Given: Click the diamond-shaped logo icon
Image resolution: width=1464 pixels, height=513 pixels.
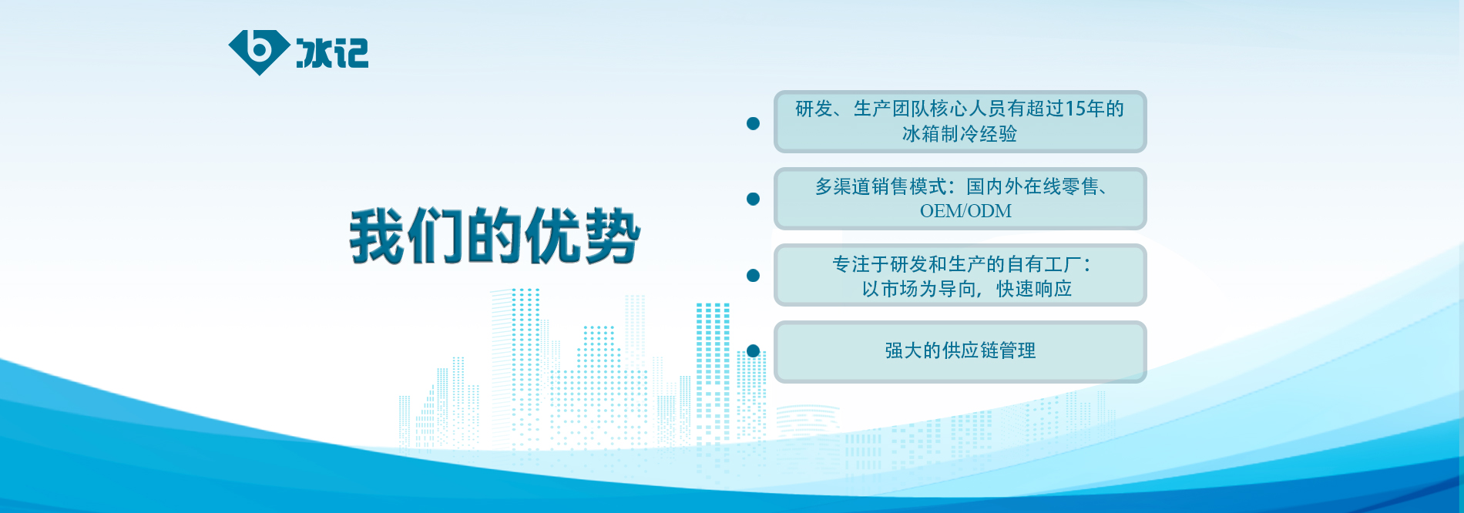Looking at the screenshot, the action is [259, 52].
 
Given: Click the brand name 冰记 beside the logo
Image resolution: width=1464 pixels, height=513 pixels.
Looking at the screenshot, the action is [332, 53].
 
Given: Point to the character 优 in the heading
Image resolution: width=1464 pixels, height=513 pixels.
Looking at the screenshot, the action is [553, 236].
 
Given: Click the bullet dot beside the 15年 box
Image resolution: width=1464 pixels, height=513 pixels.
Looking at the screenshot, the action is [754, 123].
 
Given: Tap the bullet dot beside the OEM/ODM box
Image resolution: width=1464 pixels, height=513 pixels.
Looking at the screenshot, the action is [754, 199].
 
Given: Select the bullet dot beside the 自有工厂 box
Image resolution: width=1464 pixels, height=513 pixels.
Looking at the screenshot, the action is [754, 275].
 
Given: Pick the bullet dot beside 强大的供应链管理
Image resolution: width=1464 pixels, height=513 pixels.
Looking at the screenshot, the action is [754, 350].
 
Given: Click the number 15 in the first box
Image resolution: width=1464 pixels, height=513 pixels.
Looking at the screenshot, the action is [1076, 109].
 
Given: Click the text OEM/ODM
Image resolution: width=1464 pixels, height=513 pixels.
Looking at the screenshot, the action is [965, 211].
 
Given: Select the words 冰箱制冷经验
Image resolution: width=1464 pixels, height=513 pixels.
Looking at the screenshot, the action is [960, 134].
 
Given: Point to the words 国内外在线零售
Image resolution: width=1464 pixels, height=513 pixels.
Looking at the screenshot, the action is [1033, 186].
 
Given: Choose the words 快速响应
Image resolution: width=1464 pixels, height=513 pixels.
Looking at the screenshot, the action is [1034, 289].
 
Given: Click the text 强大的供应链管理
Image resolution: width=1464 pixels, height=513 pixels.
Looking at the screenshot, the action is [960, 350].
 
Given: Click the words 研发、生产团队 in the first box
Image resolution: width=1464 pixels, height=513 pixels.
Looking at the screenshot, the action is [862, 109].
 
